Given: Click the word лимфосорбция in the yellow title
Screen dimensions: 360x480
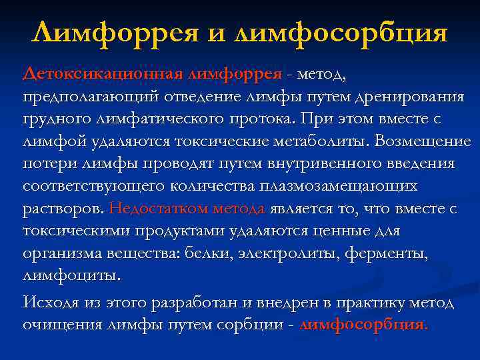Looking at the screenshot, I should (x=341, y=33).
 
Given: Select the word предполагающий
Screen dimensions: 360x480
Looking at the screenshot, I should (x=89, y=97).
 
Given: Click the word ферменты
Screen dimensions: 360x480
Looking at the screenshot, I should (x=391, y=254).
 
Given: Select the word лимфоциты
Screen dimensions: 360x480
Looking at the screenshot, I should (x=72, y=276).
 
